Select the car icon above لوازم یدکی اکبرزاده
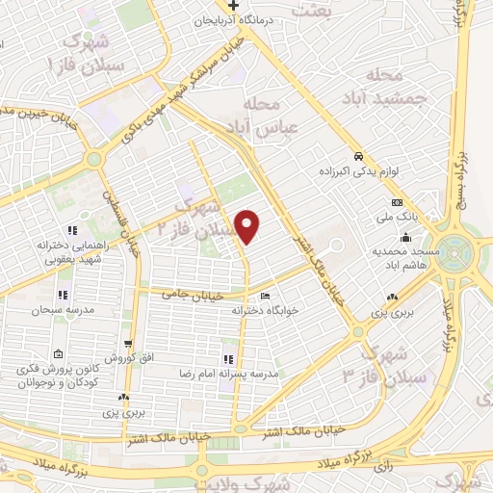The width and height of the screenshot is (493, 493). tap(357, 156)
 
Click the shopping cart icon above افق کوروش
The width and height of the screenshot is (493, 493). tap(128, 343)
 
